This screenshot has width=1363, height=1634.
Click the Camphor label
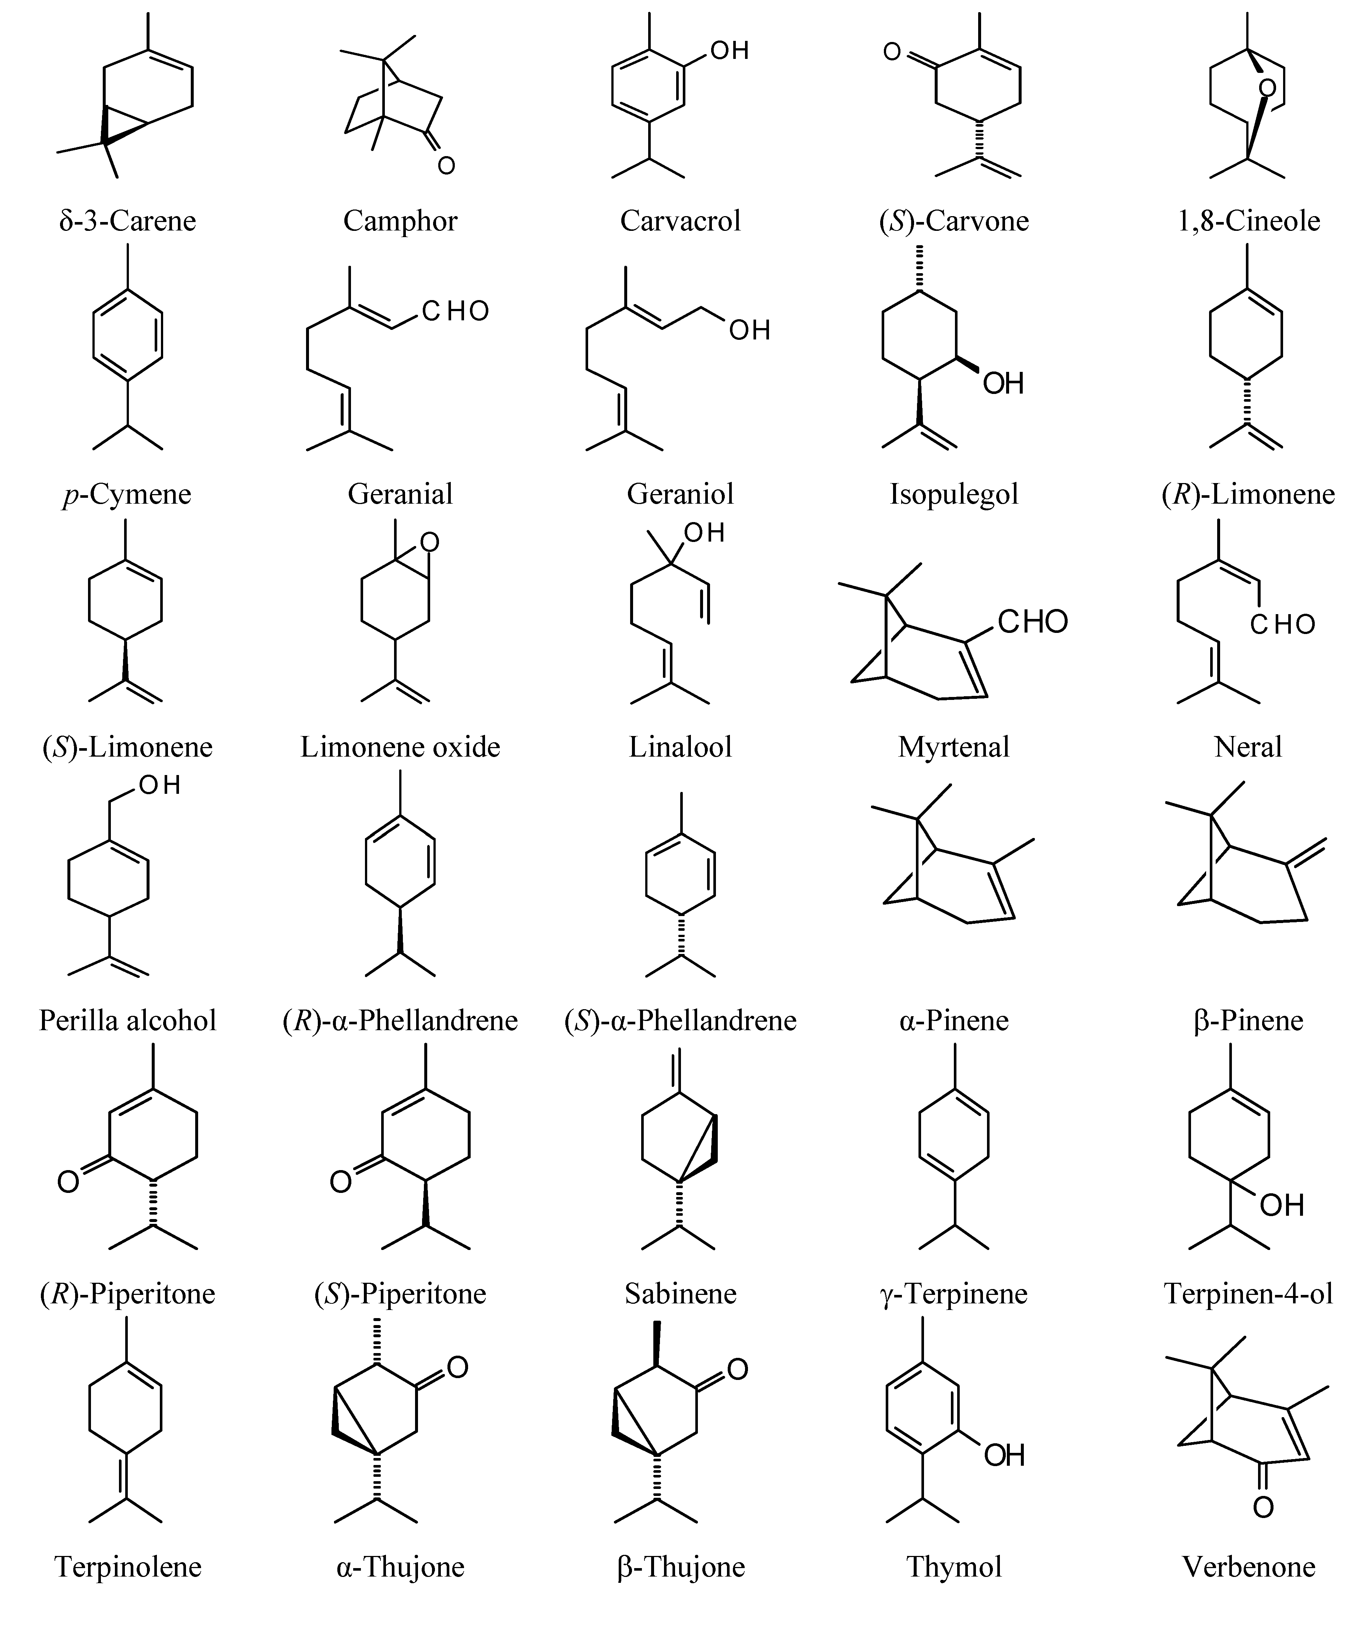(400, 221)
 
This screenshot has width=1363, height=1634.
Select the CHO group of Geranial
(455, 311)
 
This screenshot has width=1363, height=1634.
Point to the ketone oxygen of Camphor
(446, 165)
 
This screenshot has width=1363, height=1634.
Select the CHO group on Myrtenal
(1033, 622)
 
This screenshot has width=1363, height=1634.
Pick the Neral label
(1248, 747)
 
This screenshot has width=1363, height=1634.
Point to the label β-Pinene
(1248, 1020)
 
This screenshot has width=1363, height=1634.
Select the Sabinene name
(680, 1293)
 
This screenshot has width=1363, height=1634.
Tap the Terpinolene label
(128, 1566)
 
